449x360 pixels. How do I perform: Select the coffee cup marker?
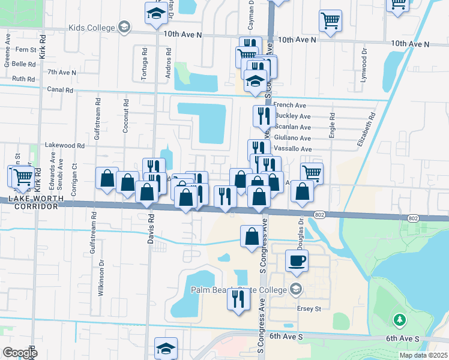tap(297, 260)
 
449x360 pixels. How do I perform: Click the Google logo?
tap(20, 353)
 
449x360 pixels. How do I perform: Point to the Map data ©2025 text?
tap(423, 355)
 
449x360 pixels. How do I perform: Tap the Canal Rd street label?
tap(60, 90)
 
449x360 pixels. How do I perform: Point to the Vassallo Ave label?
tap(292, 149)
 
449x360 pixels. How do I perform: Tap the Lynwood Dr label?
tap(363, 69)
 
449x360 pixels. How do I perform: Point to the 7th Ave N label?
tap(62, 72)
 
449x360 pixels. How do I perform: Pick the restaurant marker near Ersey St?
tap(238, 298)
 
